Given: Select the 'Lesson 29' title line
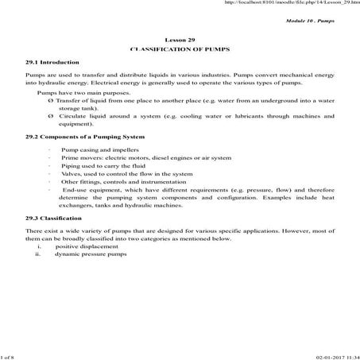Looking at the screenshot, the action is coord(179,39).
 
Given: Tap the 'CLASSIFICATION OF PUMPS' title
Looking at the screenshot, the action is coord(179,49).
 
